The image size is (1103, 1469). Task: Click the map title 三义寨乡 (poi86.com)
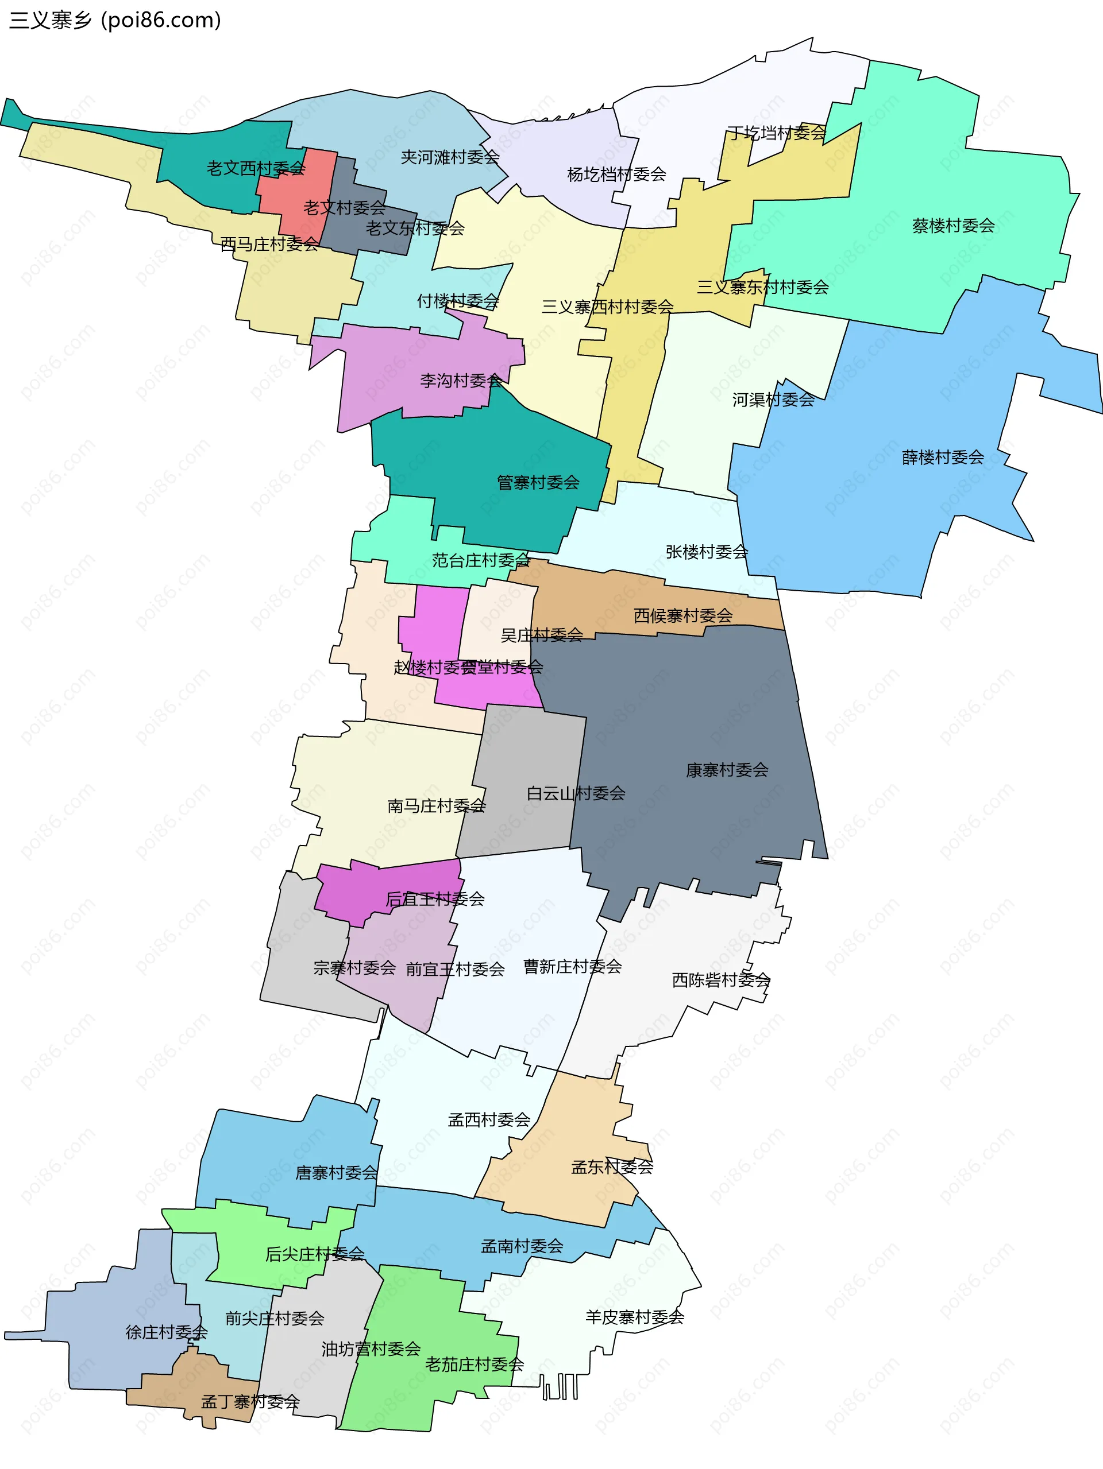click(114, 20)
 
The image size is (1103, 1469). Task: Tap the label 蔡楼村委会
click(953, 226)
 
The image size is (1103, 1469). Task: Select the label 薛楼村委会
click(942, 457)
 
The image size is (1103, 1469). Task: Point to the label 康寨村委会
click(727, 770)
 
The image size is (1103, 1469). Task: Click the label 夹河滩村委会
click(450, 157)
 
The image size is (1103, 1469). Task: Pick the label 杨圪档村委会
click(616, 174)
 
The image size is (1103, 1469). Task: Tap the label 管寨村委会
click(538, 482)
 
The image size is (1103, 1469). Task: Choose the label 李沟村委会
click(461, 381)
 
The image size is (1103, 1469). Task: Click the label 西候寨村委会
click(682, 615)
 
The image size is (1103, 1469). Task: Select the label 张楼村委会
click(706, 552)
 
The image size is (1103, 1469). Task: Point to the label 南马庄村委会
click(436, 805)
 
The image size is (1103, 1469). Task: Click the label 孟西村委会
click(488, 1119)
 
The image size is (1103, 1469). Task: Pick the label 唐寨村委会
click(336, 1173)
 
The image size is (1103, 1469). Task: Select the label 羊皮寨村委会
click(635, 1317)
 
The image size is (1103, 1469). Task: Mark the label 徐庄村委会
click(166, 1332)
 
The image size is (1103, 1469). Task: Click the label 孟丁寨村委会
click(250, 1401)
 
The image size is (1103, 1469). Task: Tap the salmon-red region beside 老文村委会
click(292, 186)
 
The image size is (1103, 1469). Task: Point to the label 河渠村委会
click(773, 400)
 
